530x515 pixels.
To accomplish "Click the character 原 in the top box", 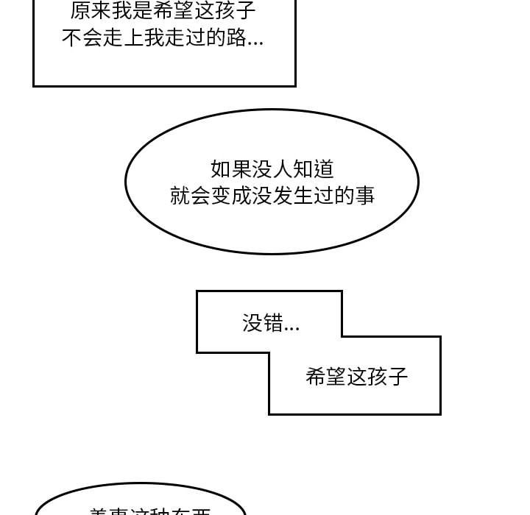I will pos(81,10).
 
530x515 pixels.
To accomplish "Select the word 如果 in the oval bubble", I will pos(230,168).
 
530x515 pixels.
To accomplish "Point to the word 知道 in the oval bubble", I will pos(314,168).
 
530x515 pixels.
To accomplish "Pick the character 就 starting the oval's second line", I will pos(180,195).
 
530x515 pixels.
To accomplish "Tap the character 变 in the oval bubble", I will pos(222,195).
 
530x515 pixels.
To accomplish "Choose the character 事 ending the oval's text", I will pos(364,195).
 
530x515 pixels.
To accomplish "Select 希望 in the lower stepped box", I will pos(325,377).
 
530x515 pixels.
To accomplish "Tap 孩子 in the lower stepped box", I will pos(387,377).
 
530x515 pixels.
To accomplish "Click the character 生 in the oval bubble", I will pos(303,195).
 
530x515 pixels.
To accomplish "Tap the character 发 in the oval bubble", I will pos(283,195).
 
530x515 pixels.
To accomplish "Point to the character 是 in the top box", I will pos(142,10).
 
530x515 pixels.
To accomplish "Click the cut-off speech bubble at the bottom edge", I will pos(140,505).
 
